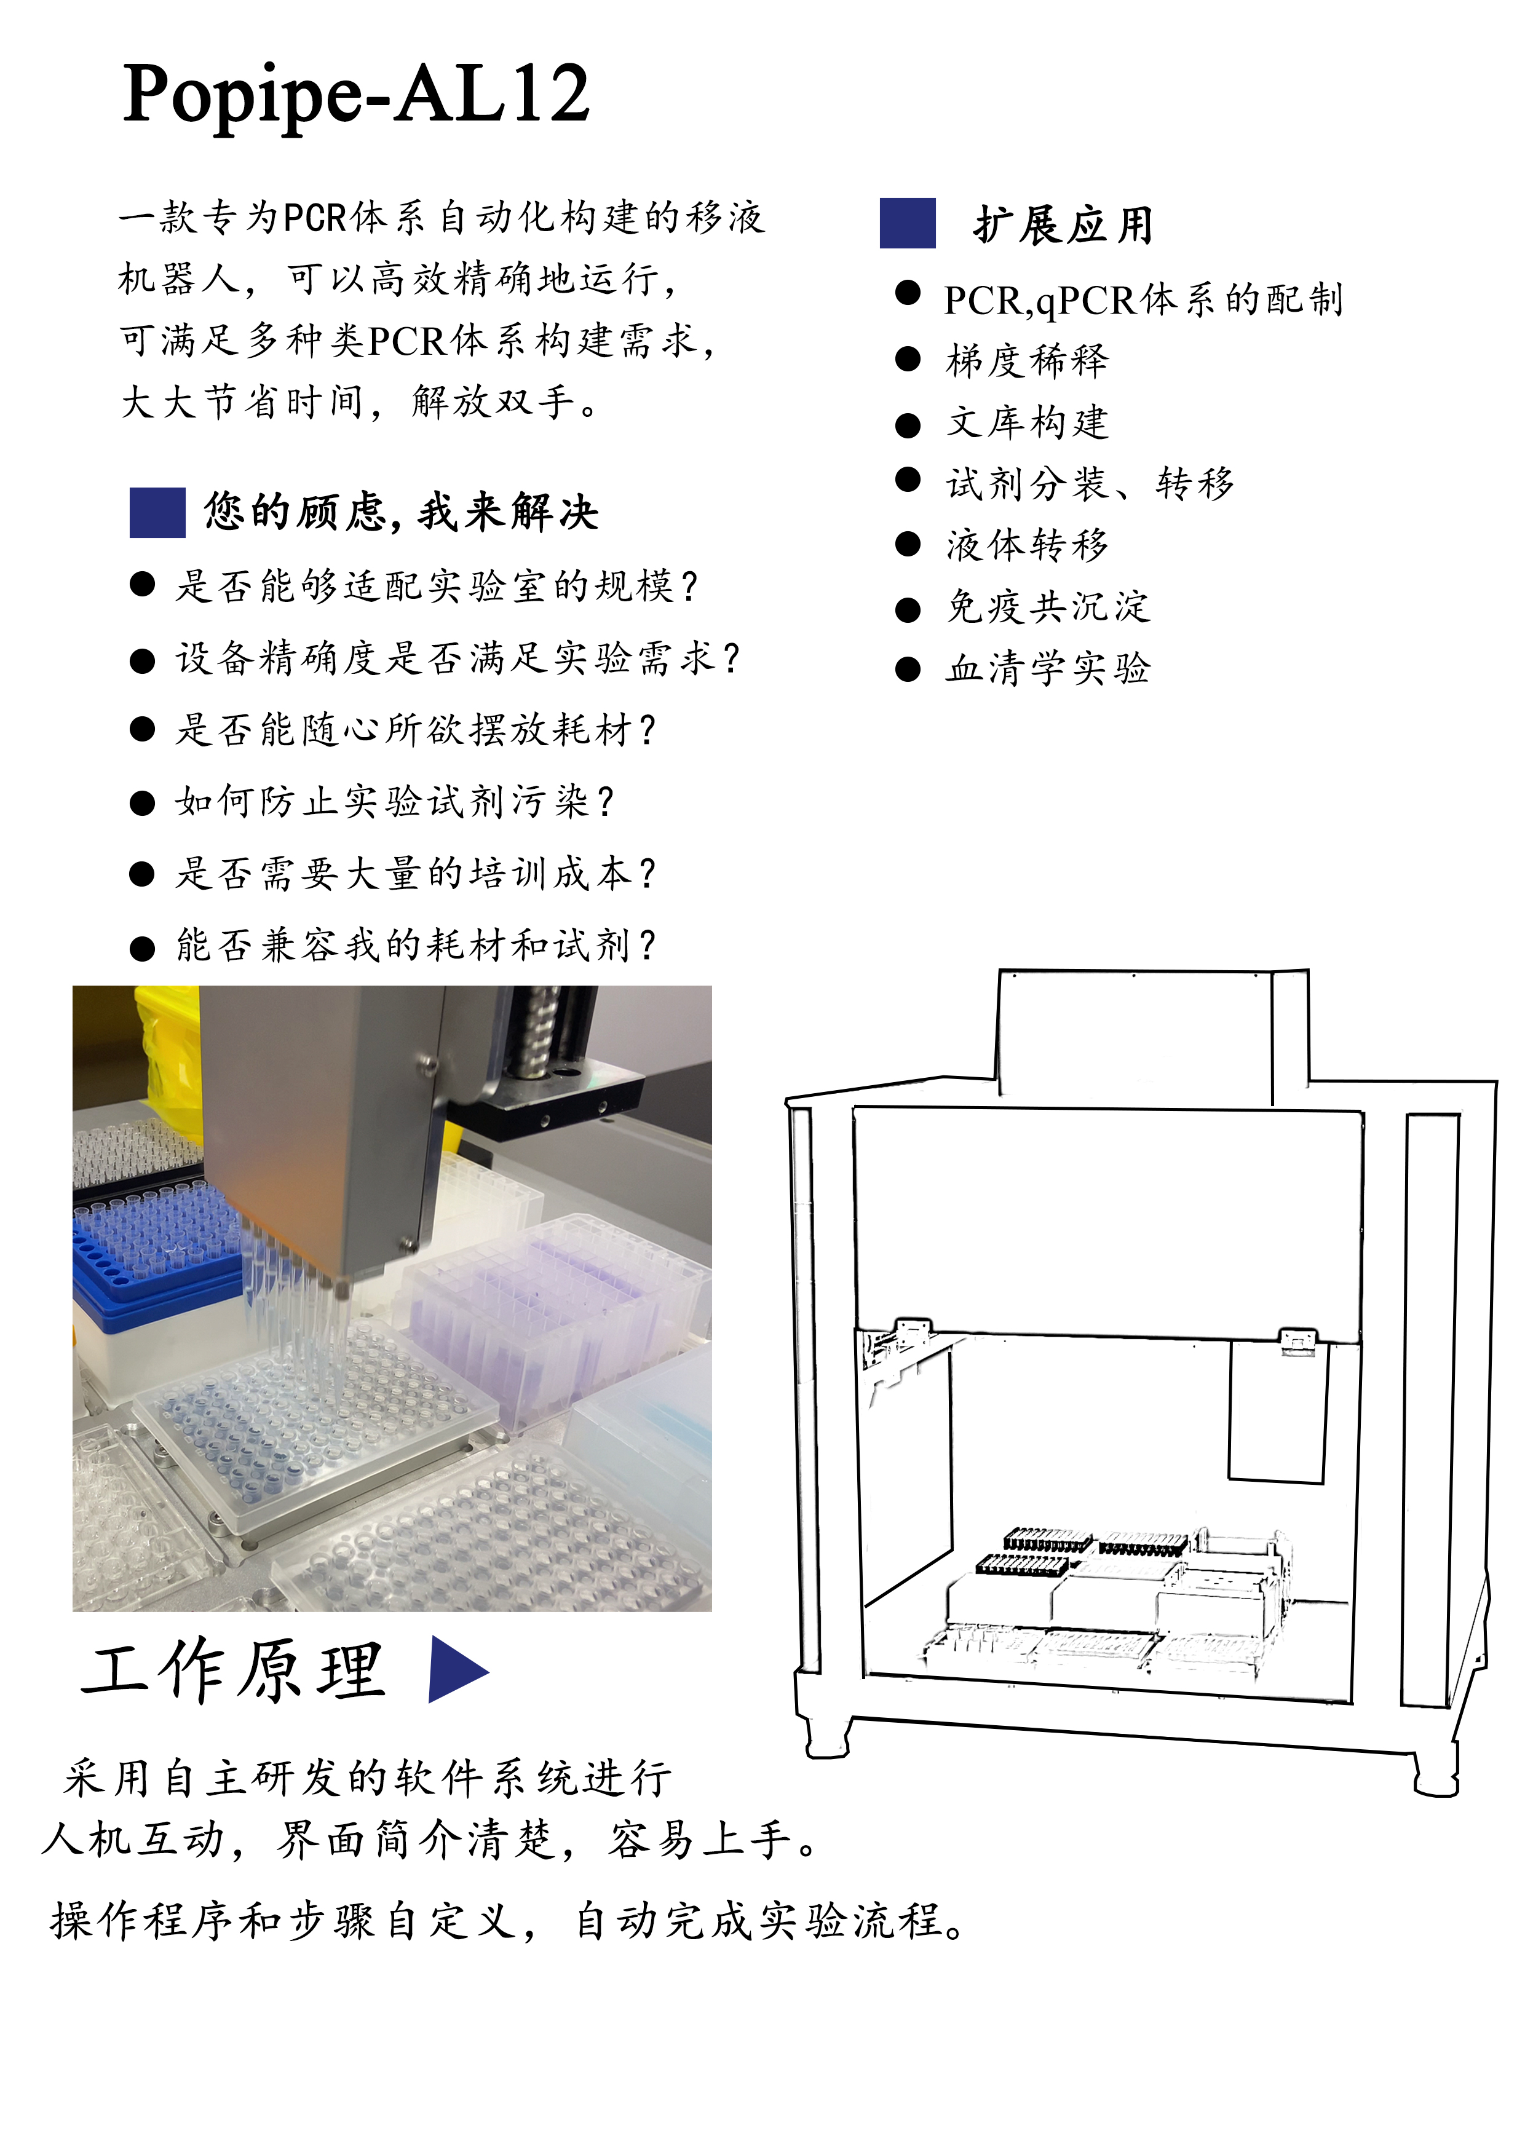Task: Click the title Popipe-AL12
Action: click(356, 95)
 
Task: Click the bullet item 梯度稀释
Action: click(1028, 360)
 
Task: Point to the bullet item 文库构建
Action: click(1028, 422)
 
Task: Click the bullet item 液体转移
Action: click(1028, 545)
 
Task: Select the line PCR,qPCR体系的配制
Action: click(1144, 299)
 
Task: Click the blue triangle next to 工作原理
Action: click(457, 1669)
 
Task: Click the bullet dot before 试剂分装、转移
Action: click(907, 480)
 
